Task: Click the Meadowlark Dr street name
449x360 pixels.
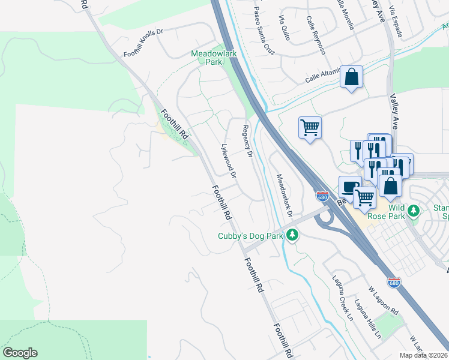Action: (283, 196)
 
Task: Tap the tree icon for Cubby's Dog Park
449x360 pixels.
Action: (292, 236)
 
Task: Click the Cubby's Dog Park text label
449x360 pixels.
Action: (250, 236)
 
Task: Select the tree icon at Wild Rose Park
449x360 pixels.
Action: (413, 211)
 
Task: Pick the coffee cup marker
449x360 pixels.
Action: (350, 187)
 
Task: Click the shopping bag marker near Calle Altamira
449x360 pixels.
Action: (351, 77)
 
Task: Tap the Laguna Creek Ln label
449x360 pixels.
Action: (343, 298)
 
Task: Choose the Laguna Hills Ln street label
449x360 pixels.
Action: (368, 318)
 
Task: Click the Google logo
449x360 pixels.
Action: (20, 353)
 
